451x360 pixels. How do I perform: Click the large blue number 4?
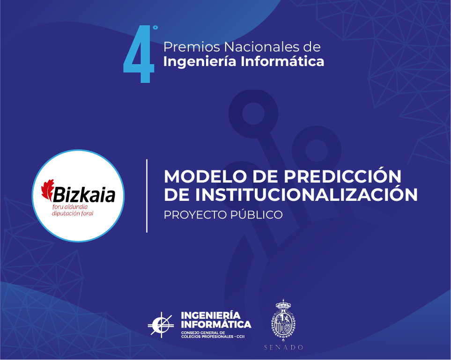139,54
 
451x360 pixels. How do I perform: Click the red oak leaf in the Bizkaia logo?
48,190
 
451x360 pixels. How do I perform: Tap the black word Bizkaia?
84,194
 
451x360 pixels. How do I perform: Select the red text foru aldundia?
70,207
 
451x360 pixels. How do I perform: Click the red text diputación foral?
73,213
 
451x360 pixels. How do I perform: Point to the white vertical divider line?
147,196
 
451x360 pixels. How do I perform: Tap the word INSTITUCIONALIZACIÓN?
306,194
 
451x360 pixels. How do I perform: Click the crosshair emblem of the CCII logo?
161,325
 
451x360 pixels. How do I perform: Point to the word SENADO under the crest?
284,348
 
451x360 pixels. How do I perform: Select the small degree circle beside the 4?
155,28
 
